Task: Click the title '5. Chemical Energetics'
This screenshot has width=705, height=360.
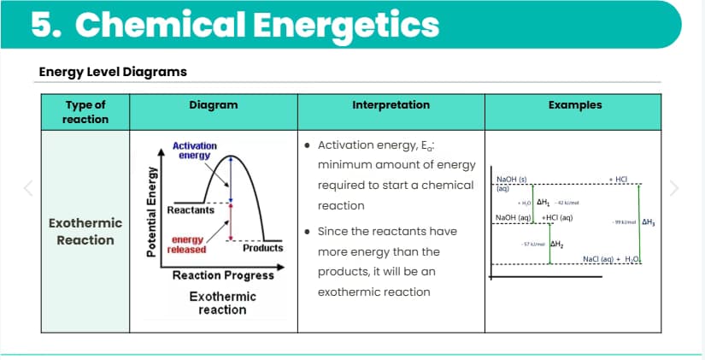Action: click(235, 26)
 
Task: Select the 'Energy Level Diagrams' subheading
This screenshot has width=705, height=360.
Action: click(113, 71)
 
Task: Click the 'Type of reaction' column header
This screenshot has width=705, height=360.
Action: click(85, 112)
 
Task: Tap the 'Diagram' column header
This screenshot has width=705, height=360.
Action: click(213, 105)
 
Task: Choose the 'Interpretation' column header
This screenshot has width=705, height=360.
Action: click(391, 105)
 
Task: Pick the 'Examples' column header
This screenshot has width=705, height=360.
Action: click(575, 105)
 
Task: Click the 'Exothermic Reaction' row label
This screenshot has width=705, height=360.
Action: click(85, 232)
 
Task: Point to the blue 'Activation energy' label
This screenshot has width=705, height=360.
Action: click(195, 150)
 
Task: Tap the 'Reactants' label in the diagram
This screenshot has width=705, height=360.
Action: click(185, 210)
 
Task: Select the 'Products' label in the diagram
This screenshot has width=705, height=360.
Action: click(262, 248)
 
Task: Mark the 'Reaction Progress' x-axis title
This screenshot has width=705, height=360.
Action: click(223, 275)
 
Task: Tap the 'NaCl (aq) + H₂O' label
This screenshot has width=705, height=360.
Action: click(609, 258)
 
